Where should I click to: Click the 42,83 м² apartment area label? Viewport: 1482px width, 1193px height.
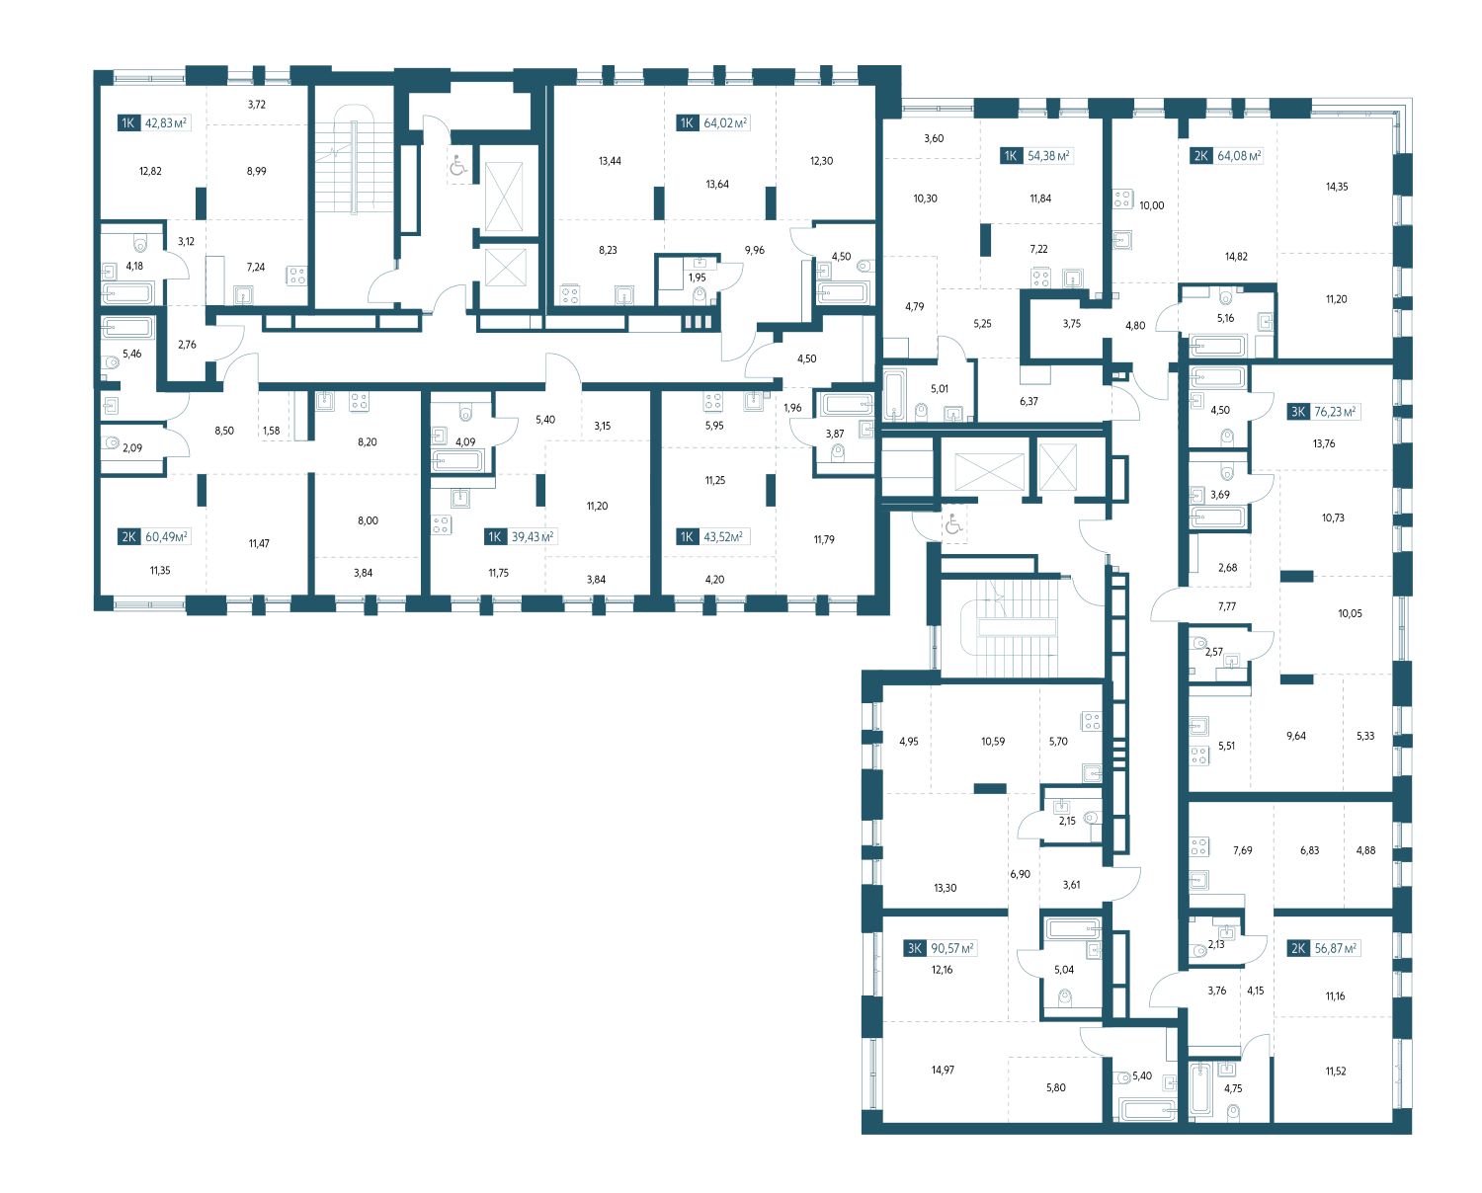pyautogui.click(x=166, y=123)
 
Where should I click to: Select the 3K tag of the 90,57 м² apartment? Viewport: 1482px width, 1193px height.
pyautogui.click(x=915, y=949)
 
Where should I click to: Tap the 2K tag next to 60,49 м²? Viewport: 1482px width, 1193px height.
pyautogui.click(x=128, y=536)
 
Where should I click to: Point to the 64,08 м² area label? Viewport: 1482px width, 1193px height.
pyautogui.click(x=1239, y=156)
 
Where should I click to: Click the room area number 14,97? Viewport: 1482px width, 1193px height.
pyautogui.click(x=943, y=1070)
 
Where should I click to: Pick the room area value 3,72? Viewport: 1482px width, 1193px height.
pyautogui.click(x=256, y=105)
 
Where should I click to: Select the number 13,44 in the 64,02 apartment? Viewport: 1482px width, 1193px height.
pyautogui.click(x=610, y=161)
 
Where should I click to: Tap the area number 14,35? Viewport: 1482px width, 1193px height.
pyautogui.click(x=1337, y=187)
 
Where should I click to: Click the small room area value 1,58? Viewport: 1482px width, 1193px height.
pyautogui.click(x=272, y=431)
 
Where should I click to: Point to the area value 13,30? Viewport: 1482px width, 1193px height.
pyautogui.click(x=945, y=888)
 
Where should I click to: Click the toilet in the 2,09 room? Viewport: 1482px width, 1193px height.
pyautogui.click(x=113, y=442)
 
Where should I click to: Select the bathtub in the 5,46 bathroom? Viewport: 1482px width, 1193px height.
pyautogui.click(x=127, y=327)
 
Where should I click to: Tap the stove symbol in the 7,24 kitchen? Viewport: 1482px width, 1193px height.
pyautogui.click(x=296, y=277)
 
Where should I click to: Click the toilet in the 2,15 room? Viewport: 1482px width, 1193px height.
pyautogui.click(x=1090, y=818)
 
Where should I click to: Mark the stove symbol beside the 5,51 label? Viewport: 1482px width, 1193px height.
pyautogui.click(x=1199, y=756)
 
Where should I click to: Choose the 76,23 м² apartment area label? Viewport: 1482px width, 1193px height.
pyautogui.click(x=1336, y=412)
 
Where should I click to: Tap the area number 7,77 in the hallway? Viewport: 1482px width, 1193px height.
pyautogui.click(x=1226, y=606)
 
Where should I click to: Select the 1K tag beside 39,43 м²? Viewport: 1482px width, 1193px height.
pyautogui.click(x=495, y=536)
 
